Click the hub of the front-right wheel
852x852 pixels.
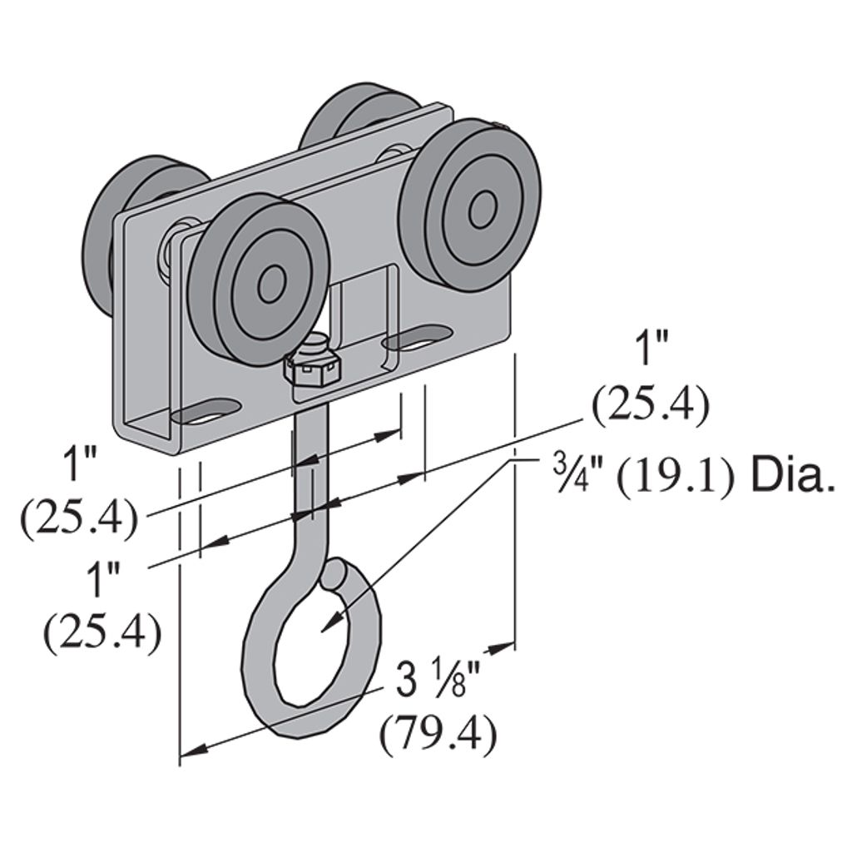[x=480, y=210]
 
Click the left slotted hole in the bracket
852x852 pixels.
[x=206, y=411]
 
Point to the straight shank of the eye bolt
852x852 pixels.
[x=310, y=483]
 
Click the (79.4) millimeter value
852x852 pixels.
[x=438, y=736]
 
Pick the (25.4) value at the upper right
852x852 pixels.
[x=651, y=405]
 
